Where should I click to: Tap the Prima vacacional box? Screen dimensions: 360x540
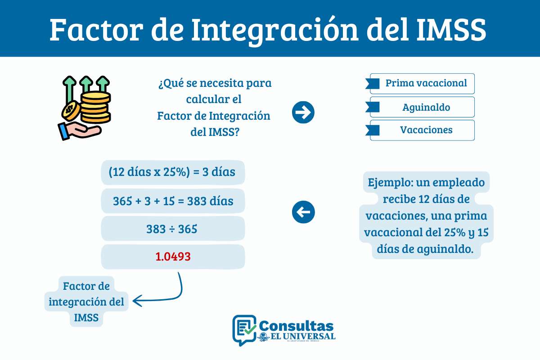click(x=422, y=84)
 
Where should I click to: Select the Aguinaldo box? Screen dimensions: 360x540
click(x=422, y=107)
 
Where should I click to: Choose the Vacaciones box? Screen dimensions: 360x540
click(x=422, y=130)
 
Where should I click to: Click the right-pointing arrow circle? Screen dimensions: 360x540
click(x=303, y=112)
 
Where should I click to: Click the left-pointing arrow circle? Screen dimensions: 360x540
click(x=303, y=212)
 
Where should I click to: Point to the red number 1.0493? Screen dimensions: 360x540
click(x=173, y=256)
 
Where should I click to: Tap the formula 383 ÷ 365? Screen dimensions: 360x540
click(x=173, y=229)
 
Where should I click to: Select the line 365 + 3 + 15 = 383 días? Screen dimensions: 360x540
click(x=173, y=201)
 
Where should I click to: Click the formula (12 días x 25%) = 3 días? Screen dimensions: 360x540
click(x=173, y=172)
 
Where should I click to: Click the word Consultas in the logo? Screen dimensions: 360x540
click(x=297, y=325)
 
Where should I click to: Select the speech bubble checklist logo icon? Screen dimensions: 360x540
click(x=244, y=329)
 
